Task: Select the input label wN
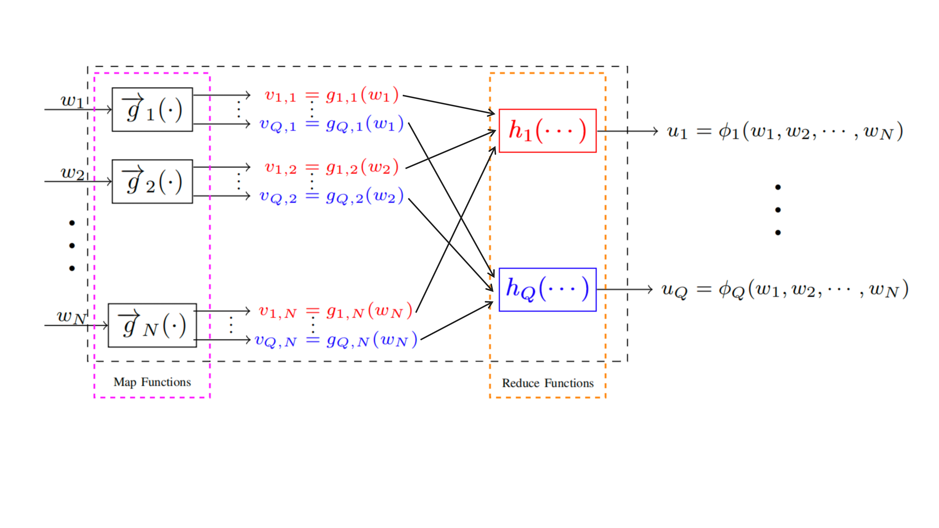[x=71, y=316]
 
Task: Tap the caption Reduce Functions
[x=548, y=383]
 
